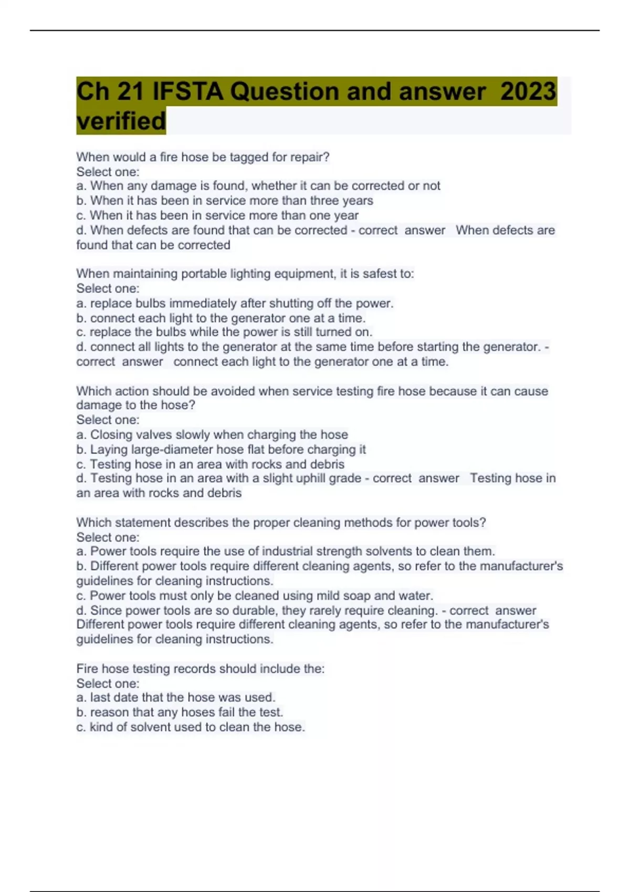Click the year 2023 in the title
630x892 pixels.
(528, 91)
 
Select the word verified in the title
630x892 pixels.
(121, 121)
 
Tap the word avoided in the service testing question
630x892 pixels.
(234, 391)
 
